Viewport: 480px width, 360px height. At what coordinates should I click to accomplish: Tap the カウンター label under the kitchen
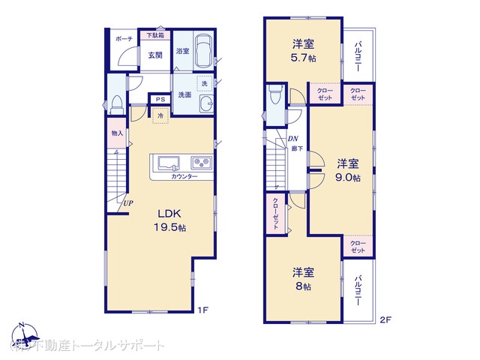click(x=184, y=176)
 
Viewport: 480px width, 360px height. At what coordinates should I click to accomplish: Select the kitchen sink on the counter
click(x=166, y=162)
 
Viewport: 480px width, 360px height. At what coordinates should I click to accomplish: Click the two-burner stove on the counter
click(x=201, y=162)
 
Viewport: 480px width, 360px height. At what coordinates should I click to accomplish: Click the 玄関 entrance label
click(x=154, y=54)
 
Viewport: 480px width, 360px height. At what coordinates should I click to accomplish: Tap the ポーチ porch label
click(x=124, y=39)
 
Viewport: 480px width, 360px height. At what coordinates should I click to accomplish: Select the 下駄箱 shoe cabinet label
click(x=155, y=35)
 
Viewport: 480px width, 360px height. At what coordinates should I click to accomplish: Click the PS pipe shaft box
click(x=160, y=99)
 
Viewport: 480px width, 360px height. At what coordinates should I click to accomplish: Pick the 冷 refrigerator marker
click(x=160, y=115)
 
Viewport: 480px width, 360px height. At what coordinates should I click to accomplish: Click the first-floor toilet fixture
click(x=116, y=104)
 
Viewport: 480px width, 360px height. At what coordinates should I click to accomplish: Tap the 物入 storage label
click(x=116, y=133)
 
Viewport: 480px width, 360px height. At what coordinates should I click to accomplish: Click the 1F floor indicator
click(x=202, y=309)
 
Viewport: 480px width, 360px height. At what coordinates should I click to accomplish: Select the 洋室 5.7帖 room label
click(x=303, y=49)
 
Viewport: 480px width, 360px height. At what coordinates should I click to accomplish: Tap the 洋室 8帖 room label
click(x=303, y=278)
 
